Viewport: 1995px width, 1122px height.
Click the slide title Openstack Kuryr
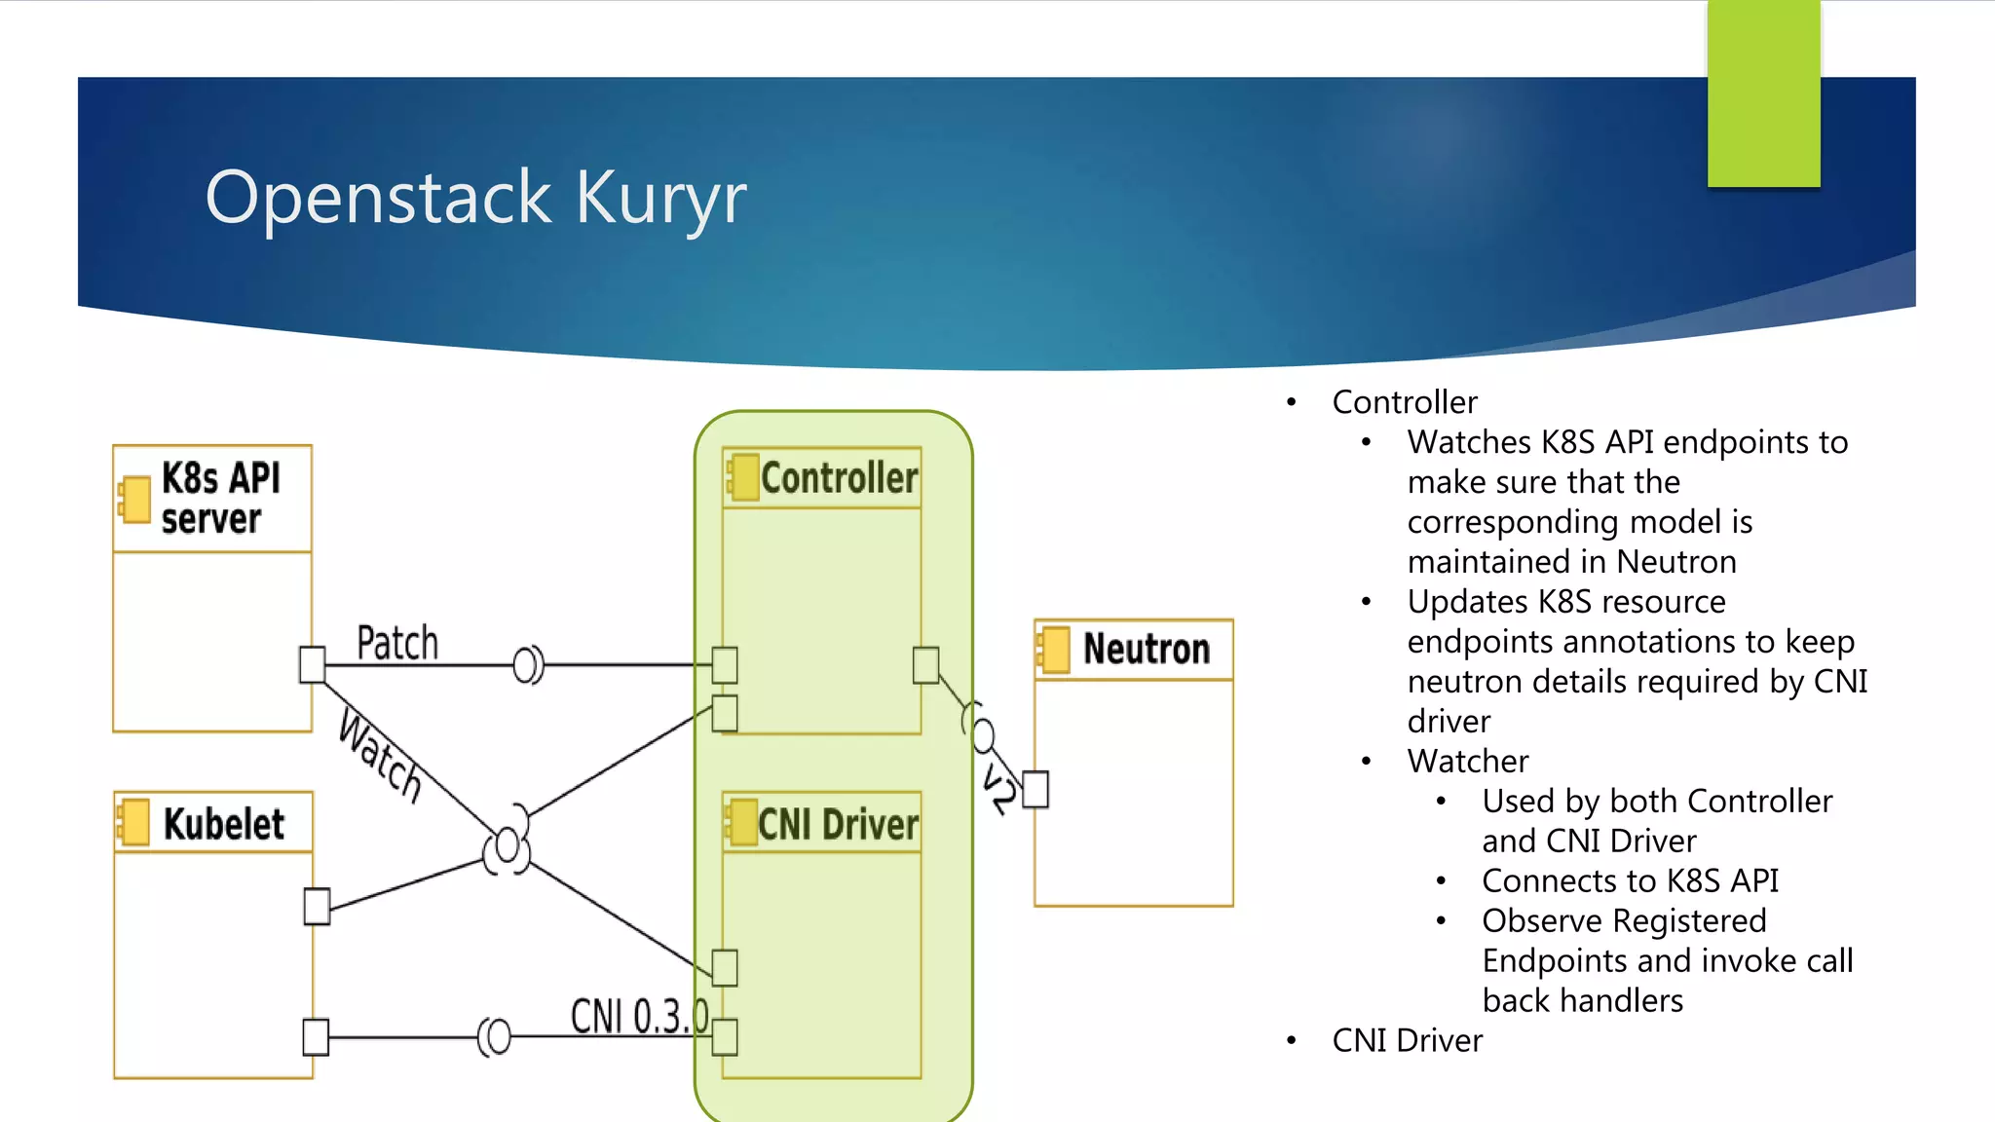[475, 198]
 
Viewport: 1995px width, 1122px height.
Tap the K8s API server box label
[220, 498]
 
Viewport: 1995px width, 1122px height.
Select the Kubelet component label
[223, 824]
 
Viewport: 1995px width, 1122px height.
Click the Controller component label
[839, 478]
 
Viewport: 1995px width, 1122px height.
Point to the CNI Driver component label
[838, 825]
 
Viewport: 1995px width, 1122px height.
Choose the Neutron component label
[1146, 649]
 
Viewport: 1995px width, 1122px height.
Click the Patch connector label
[397, 643]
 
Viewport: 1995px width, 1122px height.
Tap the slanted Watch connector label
[381, 756]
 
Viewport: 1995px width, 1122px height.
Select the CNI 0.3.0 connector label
[638, 1016]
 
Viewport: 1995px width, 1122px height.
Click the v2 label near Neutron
[998, 789]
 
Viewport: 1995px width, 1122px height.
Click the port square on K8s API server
[312, 664]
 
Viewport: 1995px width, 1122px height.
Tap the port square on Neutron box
[1035, 789]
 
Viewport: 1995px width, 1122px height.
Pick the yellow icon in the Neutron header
[1054, 650]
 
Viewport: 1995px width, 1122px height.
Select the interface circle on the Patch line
[526, 665]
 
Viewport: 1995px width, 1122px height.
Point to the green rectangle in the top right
[1763, 93]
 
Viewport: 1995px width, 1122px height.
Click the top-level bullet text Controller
[1404, 402]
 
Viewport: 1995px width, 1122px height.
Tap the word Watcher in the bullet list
[1467, 761]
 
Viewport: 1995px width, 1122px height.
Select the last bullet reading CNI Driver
[1407, 1040]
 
